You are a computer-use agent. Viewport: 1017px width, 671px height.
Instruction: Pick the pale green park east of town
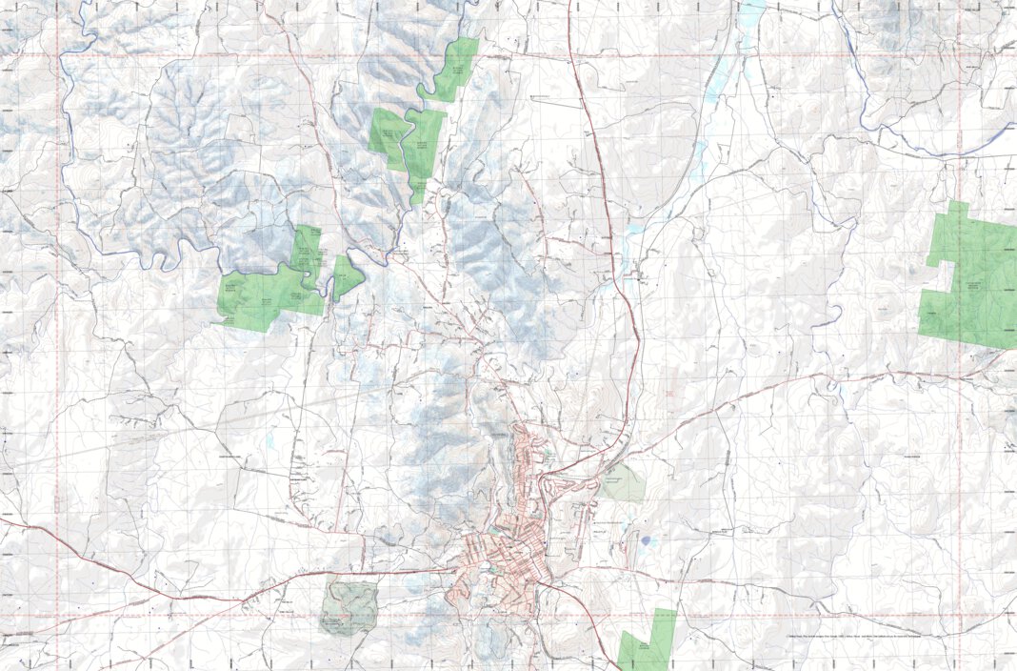point(623,483)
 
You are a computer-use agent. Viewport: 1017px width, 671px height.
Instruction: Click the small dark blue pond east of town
point(648,541)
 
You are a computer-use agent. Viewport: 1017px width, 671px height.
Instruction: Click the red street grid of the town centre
point(495,562)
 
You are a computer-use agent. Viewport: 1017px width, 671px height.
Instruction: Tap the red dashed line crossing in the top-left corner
point(59,54)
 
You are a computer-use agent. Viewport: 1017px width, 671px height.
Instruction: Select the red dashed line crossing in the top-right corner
point(959,54)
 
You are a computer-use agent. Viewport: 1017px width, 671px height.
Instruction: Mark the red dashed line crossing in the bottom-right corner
point(959,615)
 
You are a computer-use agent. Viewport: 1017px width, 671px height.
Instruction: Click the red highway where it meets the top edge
point(569,3)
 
